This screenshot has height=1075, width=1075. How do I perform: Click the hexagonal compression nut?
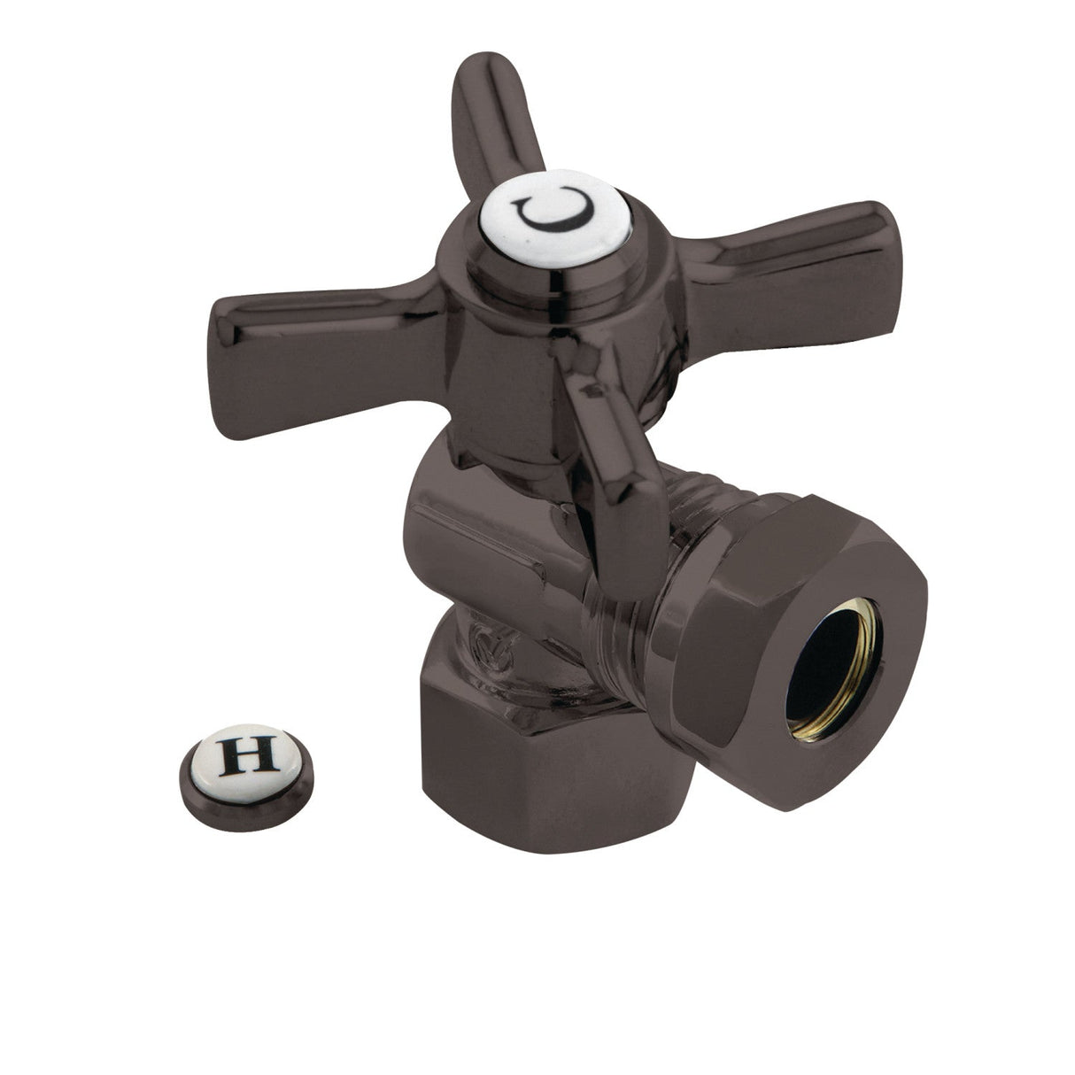coord(788,673)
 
